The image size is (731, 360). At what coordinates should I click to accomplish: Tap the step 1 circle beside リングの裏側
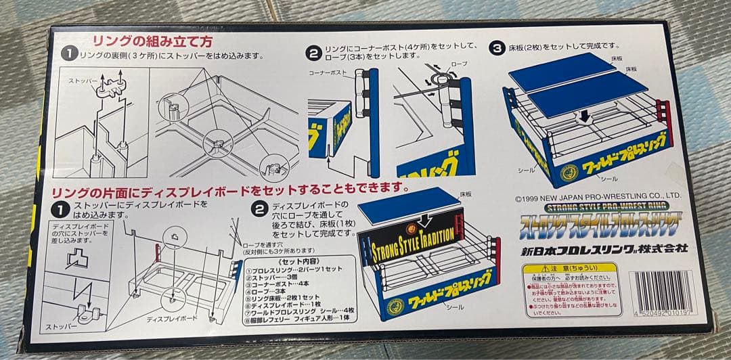pyautogui.click(x=70, y=53)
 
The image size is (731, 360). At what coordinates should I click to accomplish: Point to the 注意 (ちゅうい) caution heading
pyautogui.click(x=572, y=267)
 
